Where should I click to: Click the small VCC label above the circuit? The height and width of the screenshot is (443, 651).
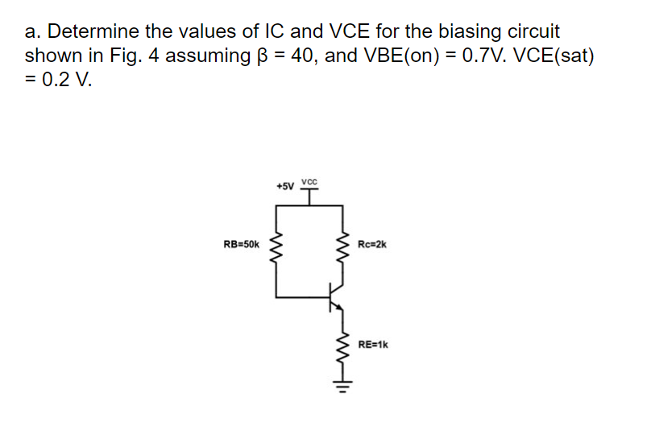(309, 180)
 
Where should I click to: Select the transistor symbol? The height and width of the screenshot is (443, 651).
(337, 297)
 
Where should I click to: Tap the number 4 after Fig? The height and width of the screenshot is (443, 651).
(151, 56)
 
